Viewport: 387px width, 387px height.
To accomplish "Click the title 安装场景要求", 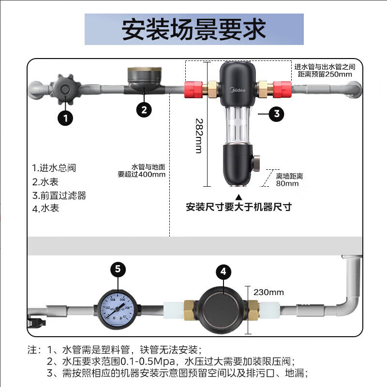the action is (193, 29).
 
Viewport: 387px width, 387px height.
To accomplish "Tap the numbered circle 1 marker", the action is (65, 117).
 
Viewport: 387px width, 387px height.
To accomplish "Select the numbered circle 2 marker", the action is (144, 109).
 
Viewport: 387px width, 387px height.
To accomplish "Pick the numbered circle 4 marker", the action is (223, 272).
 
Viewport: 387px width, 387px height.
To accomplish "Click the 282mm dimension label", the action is (198, 135).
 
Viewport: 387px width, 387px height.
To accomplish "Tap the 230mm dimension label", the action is (269, 292).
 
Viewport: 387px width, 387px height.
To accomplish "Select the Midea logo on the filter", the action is (237, 89).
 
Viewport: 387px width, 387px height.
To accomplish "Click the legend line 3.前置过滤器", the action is (59, 195).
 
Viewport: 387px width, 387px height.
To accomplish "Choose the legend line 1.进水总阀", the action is (54, 168).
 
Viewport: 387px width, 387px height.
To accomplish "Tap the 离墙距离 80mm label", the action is (289, 179).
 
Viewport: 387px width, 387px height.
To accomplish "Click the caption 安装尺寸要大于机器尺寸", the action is (239, 207).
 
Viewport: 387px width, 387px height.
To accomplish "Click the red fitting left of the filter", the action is (194, 89).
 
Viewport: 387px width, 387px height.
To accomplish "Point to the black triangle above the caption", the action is (238, 196).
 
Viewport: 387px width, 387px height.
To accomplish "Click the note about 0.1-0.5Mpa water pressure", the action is (170, 361).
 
